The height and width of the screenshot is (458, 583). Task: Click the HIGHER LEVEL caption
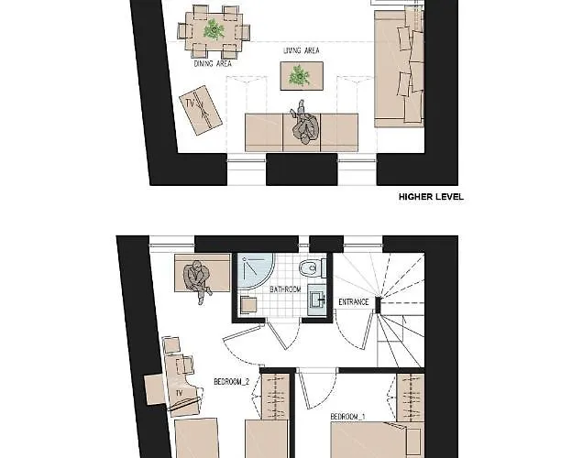tap(431, 197)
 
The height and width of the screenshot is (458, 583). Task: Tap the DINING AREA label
tap(213, 64)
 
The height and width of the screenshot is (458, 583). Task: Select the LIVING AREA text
tap(302, 50)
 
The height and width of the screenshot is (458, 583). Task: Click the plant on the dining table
tap(214, 29)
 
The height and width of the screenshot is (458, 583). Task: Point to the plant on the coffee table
tap(300, 75)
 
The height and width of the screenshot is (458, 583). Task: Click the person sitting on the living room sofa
tap(305, 125)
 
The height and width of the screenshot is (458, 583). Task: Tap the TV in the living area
tap(201, 110)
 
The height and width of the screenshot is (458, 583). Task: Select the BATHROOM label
tap(285, 289)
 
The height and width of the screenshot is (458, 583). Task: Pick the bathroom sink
tap(316, 300)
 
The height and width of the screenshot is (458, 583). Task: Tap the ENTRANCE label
tap(354, 302)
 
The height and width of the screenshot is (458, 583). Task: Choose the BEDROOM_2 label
tap(232, 382)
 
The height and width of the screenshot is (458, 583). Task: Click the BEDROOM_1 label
tap(347, 417)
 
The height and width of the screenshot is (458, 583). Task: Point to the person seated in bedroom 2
tap(199, 281)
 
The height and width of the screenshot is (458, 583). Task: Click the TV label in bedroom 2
tap(180, 393)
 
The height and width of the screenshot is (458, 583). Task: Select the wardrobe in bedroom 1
tap(411, 398)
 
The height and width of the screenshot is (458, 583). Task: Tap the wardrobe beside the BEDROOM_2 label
tap(276, 397)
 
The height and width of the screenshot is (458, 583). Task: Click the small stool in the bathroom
tap(248, 305)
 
